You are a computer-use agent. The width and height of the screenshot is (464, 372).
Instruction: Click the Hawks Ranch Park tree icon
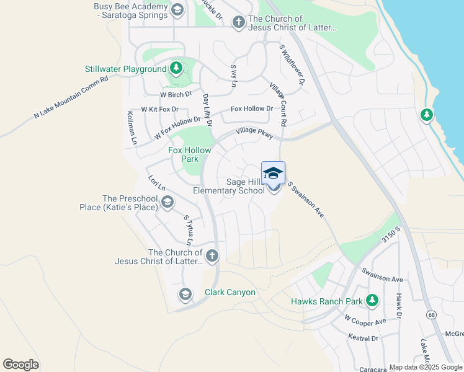click(x=372, y=301)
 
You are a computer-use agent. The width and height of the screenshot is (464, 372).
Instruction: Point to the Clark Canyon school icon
click(x=185, y=294)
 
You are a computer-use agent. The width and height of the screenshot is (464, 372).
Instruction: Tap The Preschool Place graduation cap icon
click(x=167, y=201)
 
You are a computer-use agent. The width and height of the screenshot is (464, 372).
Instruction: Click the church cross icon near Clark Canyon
click(x=212, y=255)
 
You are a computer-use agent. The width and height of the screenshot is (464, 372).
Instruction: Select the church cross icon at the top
click(x=238, y=22)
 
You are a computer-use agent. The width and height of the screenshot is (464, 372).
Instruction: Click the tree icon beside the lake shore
click(x=426, y=115)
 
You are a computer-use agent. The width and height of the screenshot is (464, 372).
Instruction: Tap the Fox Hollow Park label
click(x=190, y=154)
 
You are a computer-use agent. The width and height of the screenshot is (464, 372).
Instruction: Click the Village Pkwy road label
click(x=254, y=133)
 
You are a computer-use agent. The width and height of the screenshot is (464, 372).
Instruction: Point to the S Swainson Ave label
click(x=306, y=200)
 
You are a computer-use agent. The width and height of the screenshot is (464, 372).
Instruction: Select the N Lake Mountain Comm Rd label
click(x=71, y=98)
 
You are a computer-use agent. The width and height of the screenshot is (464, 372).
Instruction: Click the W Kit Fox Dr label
click(x=159, y=109)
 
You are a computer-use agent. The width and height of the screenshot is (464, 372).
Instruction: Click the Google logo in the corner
click(x=20, y=364)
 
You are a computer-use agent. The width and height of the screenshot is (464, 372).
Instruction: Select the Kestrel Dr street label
click(x=363, y=339)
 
